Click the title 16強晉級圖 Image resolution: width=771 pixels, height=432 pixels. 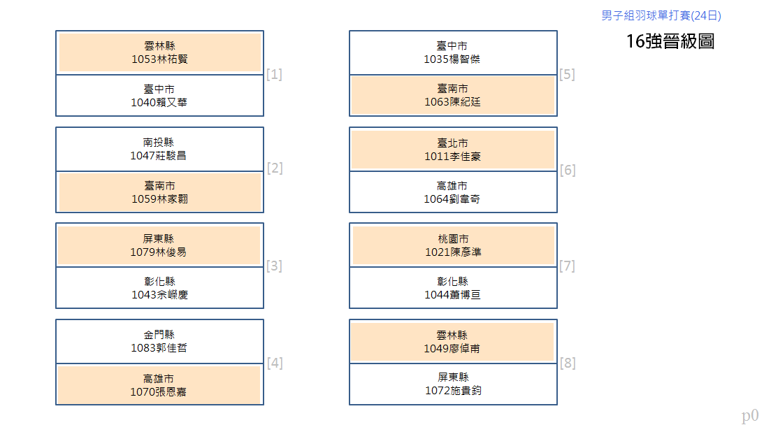pos(670,41)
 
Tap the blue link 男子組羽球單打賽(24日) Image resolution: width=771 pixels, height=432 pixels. pos(661,15)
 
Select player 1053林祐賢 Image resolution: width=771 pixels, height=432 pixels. pos(160,59)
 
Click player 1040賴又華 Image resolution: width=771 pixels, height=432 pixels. pos(159,102)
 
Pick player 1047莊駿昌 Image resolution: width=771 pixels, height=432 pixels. pos(159,155)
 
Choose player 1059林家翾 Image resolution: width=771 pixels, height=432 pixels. pos(160,199)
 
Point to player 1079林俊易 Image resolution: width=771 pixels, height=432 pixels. pos(159,252)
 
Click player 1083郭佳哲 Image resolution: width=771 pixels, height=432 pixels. pos(159,347)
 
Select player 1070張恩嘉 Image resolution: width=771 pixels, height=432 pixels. pos(159,391)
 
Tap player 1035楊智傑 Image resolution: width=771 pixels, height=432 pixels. pos(452,59)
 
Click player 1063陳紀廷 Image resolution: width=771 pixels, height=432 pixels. pos(452,102)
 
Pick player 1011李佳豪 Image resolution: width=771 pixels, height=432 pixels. pos(452,157)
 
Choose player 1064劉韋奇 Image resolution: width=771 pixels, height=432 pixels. pos(452,199)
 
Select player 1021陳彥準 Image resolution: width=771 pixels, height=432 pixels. pos(453,252)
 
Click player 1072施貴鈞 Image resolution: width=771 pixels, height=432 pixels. pos(453,390)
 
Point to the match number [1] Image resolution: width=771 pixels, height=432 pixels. pos(274,74)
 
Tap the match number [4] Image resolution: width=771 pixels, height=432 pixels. pos(275,363)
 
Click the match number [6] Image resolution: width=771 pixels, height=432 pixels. pos(568,170)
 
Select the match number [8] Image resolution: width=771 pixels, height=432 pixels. pos(568,363)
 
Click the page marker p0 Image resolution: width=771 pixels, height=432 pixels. pos(750,416)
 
